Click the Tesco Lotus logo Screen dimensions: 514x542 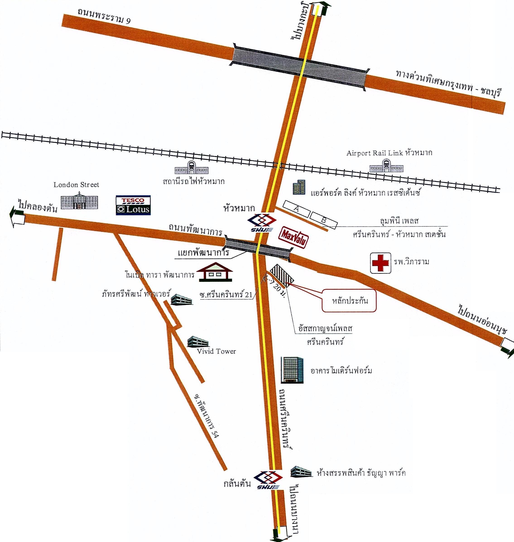(x=133, y=205)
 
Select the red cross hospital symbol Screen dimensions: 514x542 (x=381, y=263)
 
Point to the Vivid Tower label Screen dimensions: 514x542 (x=216, y=351)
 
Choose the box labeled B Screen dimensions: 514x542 (x=324, y=220)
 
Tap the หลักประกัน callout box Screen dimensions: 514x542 (x=349, y=301)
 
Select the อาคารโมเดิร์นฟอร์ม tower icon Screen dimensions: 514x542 (x=292, y=370)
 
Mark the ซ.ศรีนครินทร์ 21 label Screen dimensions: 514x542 (x=226, y=295)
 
